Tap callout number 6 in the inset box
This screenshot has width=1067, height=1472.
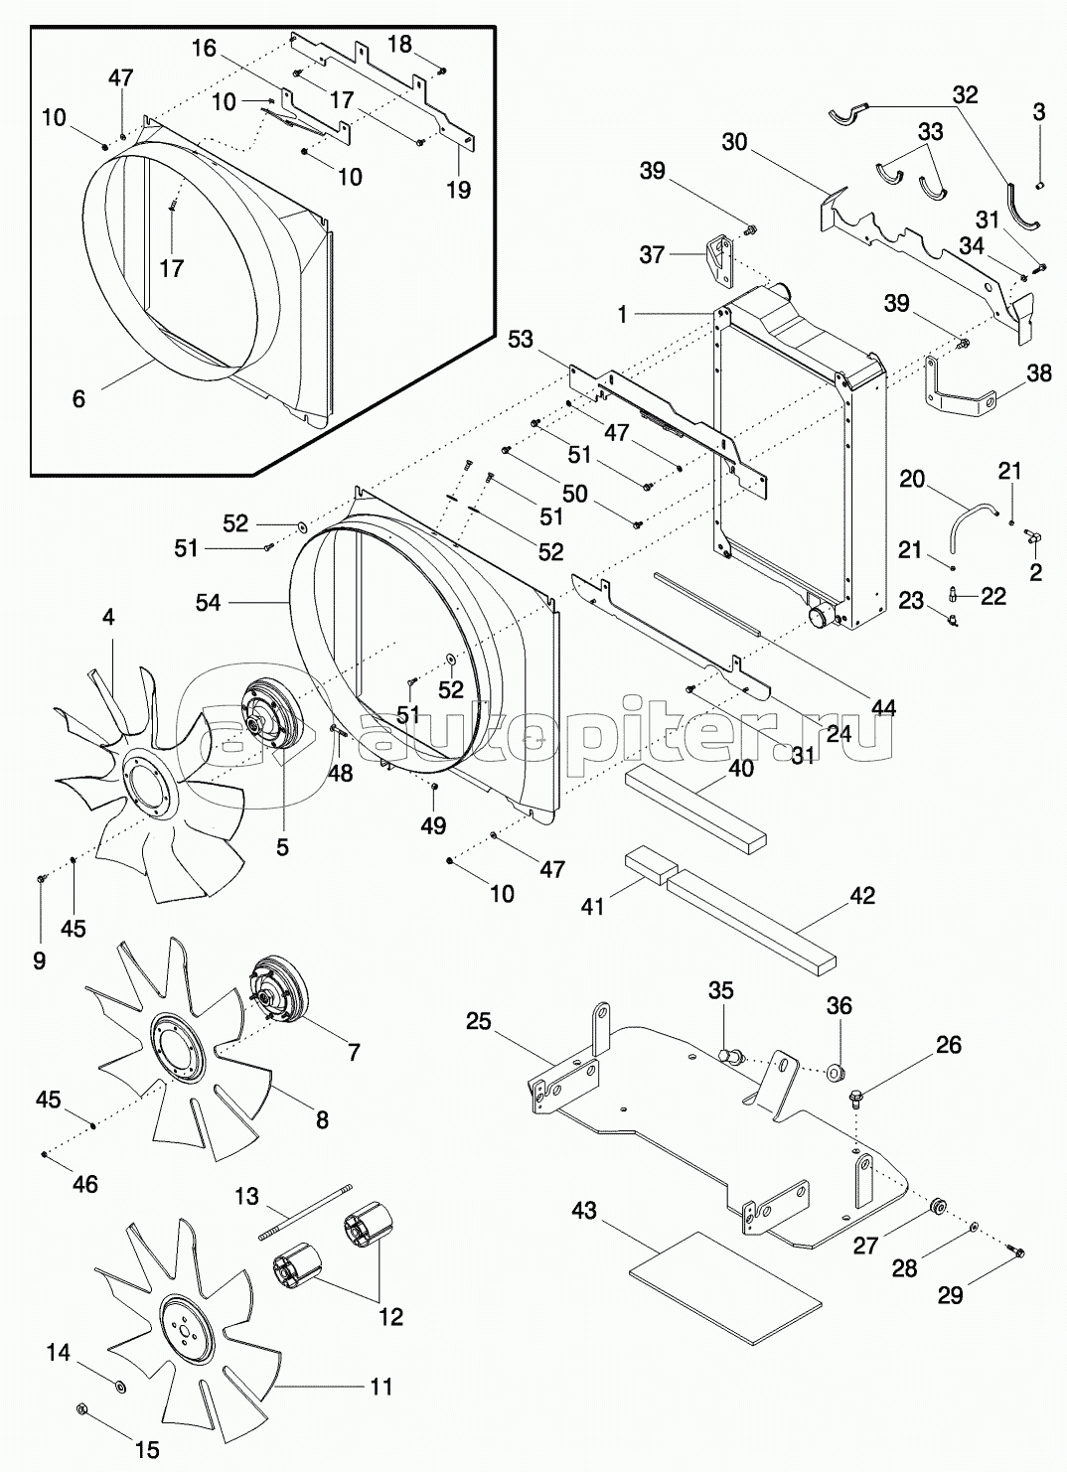pos(78,398)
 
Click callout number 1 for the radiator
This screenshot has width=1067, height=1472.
pos(622,314)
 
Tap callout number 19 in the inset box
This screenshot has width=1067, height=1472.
pos(458,189)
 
